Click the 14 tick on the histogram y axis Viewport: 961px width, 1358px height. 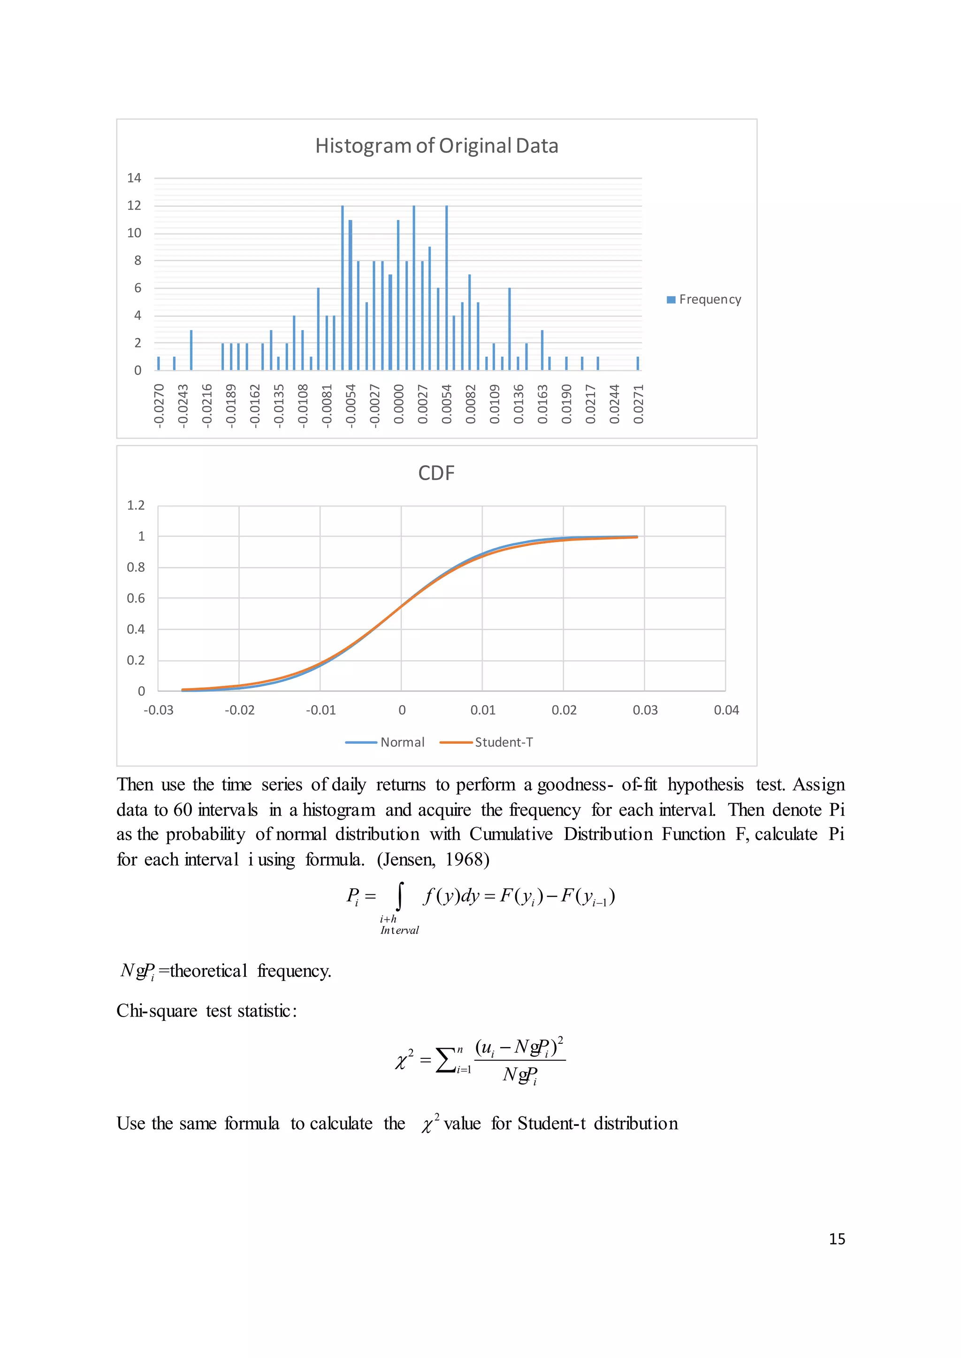(134, 178)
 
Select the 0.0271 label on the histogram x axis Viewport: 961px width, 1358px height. (638, 404)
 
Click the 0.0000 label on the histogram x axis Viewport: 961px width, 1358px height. (398, 404)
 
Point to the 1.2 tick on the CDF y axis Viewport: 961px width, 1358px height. (136, 505)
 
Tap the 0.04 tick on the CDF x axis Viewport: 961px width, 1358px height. (726, 710)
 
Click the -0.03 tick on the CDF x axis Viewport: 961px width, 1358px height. (159, 710)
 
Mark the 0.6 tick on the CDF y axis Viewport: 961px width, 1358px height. (136, 598)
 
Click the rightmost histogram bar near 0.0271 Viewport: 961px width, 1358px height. (637, 363)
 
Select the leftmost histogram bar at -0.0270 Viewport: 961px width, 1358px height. (159, 363)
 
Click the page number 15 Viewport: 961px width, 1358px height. (837, 1239)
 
